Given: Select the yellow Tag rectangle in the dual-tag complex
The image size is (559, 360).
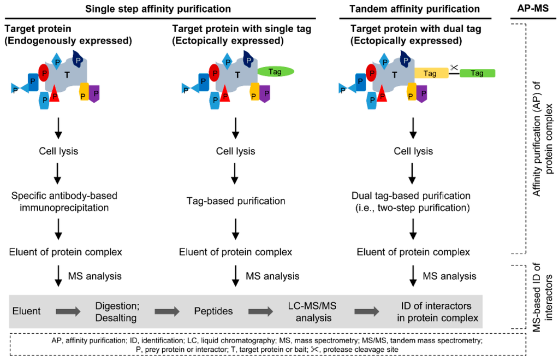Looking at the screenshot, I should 431,72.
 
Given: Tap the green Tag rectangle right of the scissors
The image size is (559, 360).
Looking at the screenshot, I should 477,72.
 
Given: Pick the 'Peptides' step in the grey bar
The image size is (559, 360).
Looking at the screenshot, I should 213,311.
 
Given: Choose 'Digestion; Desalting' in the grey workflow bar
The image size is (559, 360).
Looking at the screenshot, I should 115,311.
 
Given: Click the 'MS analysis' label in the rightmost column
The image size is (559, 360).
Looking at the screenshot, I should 449,276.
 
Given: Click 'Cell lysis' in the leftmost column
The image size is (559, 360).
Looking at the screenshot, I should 58,151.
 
